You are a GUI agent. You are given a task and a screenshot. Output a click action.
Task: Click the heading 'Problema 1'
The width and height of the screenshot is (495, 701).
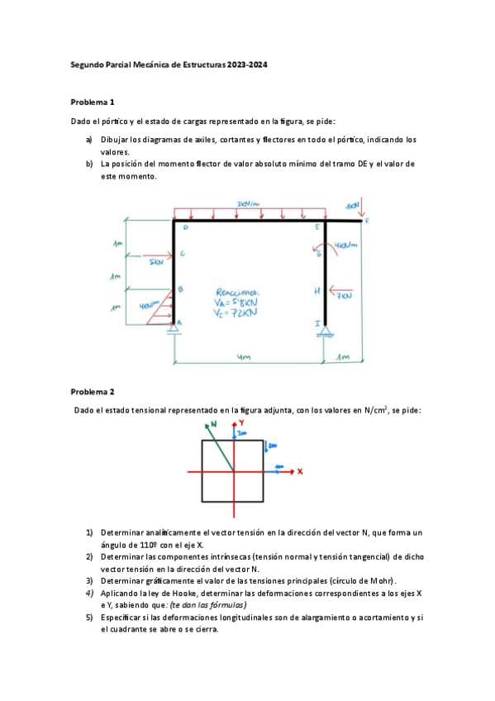pyautogui.click(x=93, y=103)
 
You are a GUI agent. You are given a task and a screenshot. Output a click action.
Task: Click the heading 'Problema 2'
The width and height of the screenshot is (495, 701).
pyautogui.click(x=93, y=391)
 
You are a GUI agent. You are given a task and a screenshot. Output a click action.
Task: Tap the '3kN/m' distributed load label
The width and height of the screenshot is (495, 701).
pyautogui.click(x=248, y=203)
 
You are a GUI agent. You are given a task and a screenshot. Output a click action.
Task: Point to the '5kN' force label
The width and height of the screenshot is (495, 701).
pyautogui.click(x=157, y=265)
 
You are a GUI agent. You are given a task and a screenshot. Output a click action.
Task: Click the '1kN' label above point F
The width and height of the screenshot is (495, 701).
pyautogui.click(x=353, y=203)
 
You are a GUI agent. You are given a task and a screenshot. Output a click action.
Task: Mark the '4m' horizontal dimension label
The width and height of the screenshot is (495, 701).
pyautogui.click(x=242, y=358)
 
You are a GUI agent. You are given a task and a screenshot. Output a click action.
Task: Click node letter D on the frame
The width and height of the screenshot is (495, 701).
pyautogui.click(x=185, y=228)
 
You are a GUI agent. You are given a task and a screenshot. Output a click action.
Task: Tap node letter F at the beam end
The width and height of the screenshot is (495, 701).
pyautogui.click(x=367, y=221)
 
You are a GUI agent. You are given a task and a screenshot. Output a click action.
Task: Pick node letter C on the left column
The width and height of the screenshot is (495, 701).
pyautogui.click(x=182, y=254)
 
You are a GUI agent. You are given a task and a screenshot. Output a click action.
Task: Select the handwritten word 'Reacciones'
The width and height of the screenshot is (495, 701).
pyautogui.click(x=237, y=292)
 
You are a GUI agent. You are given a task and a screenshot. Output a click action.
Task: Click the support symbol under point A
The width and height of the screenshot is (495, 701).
pyautogui.click(x=174, y=330)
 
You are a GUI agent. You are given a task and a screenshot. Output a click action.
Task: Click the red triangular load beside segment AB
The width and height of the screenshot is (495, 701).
pyautogui.click(x=164, y=306)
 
